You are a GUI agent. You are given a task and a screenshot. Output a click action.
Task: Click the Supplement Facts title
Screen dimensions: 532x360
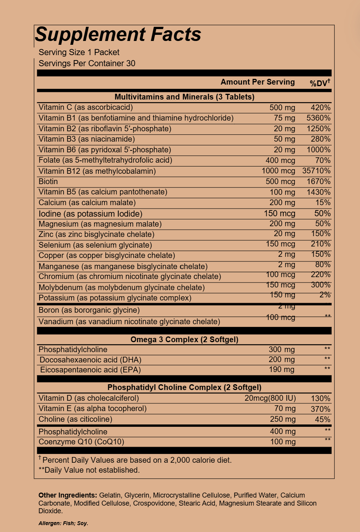tap(118, 34)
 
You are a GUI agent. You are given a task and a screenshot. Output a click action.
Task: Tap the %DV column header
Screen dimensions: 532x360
tap(320, 83)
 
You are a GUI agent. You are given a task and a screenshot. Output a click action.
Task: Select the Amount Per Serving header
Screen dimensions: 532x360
tap(257, 82)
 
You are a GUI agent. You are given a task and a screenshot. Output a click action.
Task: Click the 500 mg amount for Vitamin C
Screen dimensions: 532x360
tap(282, 108)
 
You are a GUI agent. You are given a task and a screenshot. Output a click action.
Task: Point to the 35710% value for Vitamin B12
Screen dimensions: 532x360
tap(316, 171)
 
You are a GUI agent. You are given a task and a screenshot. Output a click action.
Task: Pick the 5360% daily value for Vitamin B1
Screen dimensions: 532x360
tap(318, 118)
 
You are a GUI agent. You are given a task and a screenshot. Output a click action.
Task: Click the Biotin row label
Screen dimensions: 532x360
tap(48, 181)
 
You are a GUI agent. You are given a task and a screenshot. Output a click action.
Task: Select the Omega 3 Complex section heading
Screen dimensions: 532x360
tap(184, 339)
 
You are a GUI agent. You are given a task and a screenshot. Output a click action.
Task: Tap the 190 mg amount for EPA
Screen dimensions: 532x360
tap(281, 369)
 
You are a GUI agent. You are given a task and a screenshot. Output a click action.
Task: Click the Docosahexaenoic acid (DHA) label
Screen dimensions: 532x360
tap(90, 360)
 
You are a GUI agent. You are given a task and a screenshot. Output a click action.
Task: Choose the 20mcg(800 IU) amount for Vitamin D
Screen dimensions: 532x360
tap(270, 398)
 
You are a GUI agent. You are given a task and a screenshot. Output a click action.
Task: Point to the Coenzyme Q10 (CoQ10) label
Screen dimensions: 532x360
tap(81, 442)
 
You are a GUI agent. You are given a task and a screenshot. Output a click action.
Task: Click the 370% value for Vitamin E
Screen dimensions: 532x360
tap(320, 409)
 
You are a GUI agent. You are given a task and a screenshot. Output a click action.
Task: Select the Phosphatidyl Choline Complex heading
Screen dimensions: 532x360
tap(184, 387)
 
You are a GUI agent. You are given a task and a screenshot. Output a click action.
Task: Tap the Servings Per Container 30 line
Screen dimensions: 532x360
tap(87, 64)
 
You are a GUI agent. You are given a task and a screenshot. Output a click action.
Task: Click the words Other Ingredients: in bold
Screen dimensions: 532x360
tap(67, 495)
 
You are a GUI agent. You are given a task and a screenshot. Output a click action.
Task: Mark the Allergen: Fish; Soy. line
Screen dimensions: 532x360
tap(63, 523)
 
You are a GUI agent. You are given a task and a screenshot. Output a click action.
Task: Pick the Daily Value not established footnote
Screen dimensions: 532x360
tap(89, 470)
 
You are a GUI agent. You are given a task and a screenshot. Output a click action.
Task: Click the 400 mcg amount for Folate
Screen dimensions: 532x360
tap(280, 160)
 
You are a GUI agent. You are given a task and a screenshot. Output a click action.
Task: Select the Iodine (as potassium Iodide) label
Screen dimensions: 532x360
tap(90, 214)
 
